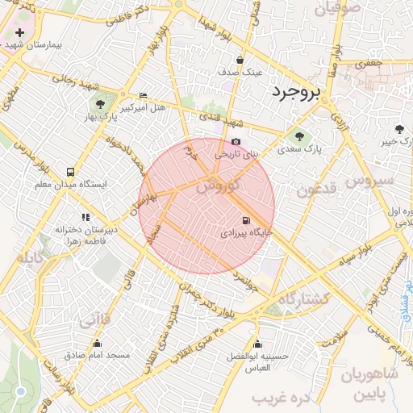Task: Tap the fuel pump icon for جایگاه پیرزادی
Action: (244, 220)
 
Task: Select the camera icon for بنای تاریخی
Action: (236, 142)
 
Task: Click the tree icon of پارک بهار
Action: (100, 104)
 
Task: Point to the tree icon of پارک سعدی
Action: (299, 137)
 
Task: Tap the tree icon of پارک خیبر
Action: (400, 129)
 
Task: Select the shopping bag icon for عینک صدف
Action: (240, 60)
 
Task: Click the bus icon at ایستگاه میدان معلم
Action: (71, 172)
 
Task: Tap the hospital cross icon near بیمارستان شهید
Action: (20, 34)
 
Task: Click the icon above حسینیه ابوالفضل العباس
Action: (257, 344)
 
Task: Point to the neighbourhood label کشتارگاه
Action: (304, 298)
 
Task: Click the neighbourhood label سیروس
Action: (370, 180)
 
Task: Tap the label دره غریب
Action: (282, 398)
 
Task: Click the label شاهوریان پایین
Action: (370, 384)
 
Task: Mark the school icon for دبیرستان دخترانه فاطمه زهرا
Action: (86, 217)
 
